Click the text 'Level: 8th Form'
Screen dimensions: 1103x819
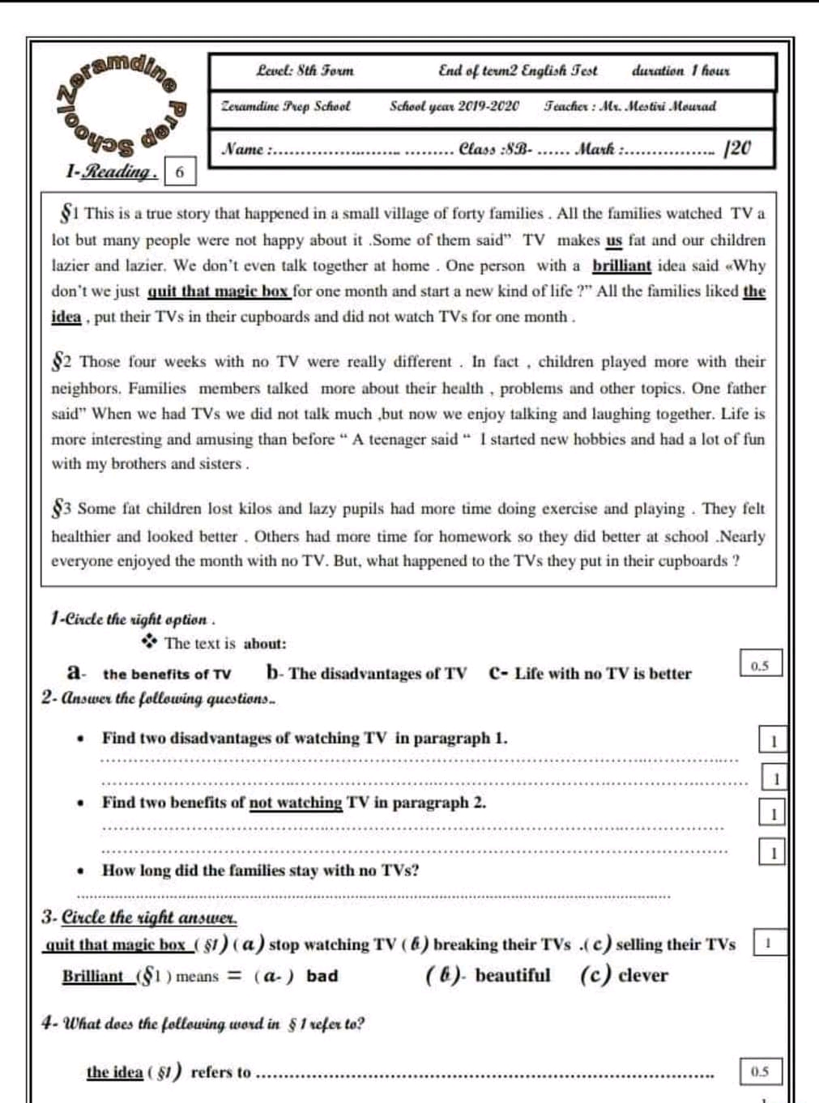pyautogui.click(x=305, y=71)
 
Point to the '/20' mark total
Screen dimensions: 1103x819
pyautogui.click(x=738, y=148)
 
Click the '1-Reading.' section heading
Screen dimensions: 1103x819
pyautogui.click(x=111, y=172)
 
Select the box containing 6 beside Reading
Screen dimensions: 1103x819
pyautogui.click(x=180, y=172)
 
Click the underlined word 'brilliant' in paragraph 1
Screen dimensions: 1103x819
pyautogui.click(x=621, y=266)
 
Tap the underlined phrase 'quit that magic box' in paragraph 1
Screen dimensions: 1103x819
pyautogui.click(x=218, y=292)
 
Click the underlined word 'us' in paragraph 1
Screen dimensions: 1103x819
pyautogui.click(x=614, y=241)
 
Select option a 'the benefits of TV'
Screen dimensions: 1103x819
pyautogui.click(x=166, y=674)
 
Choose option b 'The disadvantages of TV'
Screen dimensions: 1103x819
pyautogui.click(x=377, y=674)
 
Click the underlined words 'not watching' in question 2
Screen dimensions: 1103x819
pyautogui.click(x=295, y=803)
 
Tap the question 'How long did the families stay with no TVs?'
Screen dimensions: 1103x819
pyautogui.click(x=260, y=871)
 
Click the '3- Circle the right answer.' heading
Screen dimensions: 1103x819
pyautogui.click(x=139, y=918)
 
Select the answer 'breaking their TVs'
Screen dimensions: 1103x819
pyautogui.click(x=501, y=944)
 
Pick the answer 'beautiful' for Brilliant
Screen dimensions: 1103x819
pyautogui.click(x=512, y=975)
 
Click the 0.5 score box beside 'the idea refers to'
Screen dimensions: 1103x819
pyautogui.click(x=759, y=1071)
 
